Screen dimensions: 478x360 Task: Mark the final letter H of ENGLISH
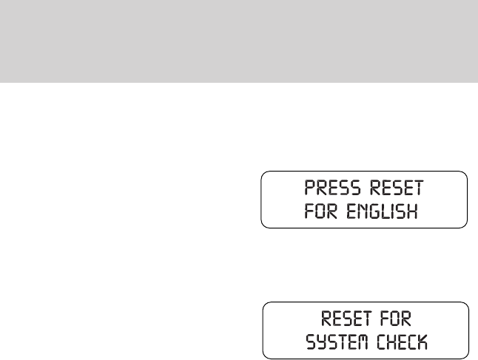412,213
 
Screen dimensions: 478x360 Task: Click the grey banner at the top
239,41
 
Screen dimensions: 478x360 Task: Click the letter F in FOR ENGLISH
309,213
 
